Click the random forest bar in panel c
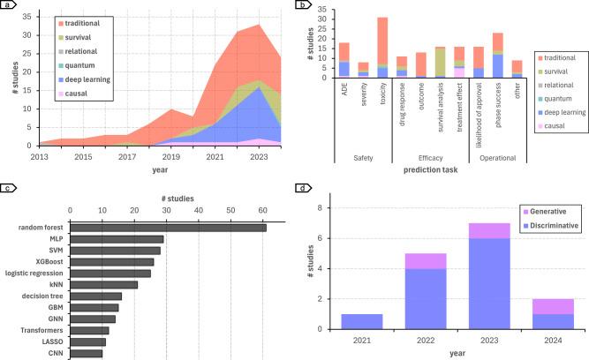pos(168,227)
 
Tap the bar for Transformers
pos(89,330)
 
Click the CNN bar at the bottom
pos(87,353)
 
